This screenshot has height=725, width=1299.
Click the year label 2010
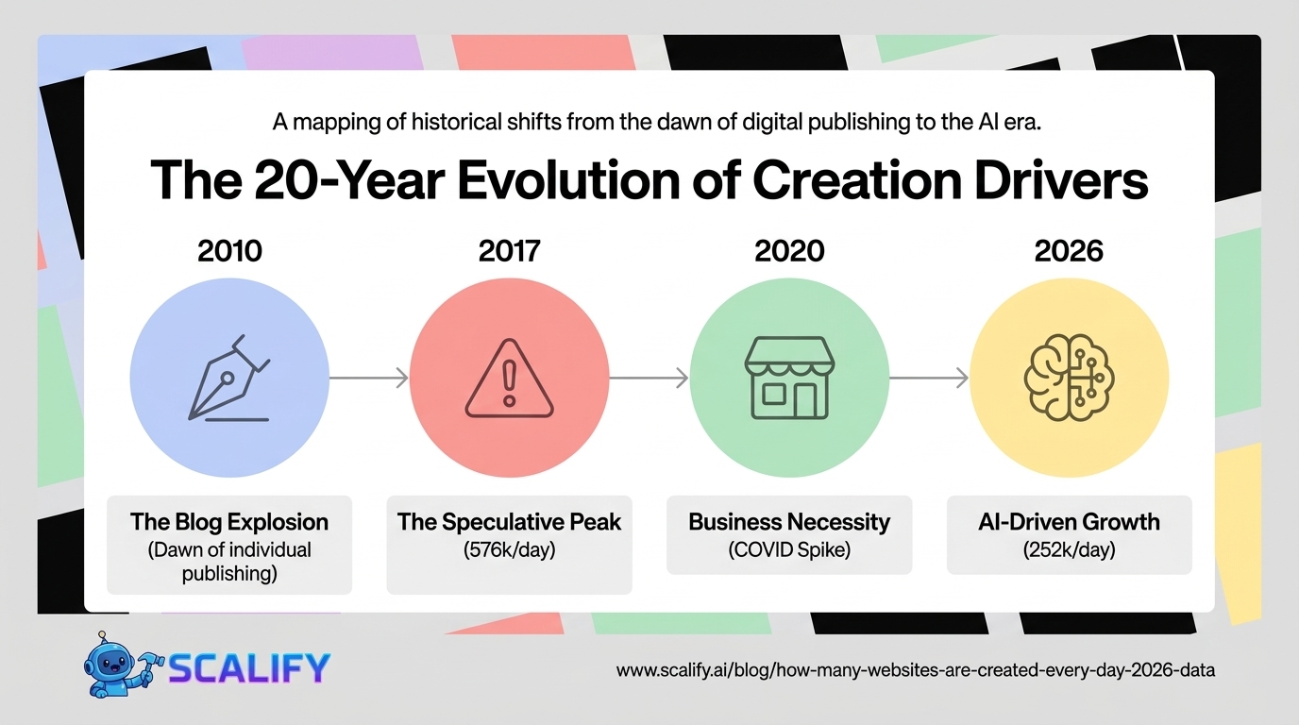tap(229, 251)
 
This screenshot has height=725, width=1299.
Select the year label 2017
tap(509, 251)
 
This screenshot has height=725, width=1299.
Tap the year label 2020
tap(789, 251)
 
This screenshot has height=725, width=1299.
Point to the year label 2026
tap(1069, 251)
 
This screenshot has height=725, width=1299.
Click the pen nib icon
tap(229, 378)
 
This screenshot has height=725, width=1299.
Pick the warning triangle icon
tap(509, 379)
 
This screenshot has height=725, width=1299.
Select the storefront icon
tap(789, 378)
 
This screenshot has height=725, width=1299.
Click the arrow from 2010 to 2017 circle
tap(369, 379)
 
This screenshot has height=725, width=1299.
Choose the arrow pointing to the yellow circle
tap(928, 379)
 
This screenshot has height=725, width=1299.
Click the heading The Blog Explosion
tap(229, 522)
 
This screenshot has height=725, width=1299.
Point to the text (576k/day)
tap(509, 549)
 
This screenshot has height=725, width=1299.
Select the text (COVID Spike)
tap(789, 549)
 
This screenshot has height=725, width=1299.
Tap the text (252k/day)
tap(1069, 549)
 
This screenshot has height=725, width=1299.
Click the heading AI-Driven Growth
tap(1069, 522)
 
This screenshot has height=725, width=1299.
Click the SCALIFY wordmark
tap(249, 668)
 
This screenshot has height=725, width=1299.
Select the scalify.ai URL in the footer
tap(915, 670)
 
